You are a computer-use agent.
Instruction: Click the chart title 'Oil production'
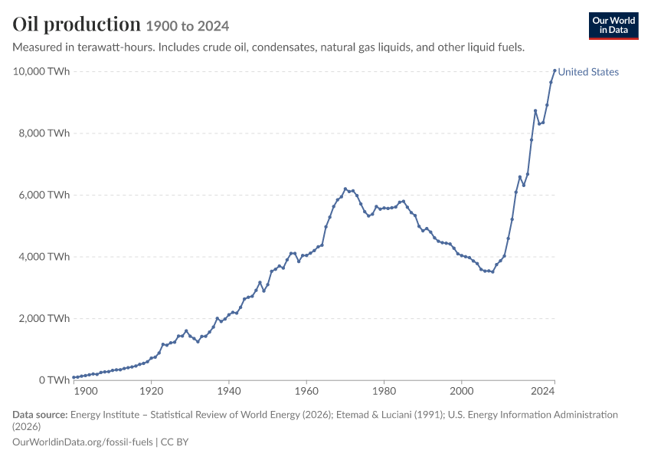click(77, 24)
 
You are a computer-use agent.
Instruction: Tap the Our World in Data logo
click(613, 26)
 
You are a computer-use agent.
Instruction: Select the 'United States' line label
click(588, 72)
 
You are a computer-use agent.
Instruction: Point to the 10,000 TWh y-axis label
click(41, 71)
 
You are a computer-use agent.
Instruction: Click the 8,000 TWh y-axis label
click(44, 133)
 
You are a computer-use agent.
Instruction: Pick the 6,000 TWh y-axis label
click(44, 195)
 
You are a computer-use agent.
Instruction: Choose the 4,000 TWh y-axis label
click(44, 256)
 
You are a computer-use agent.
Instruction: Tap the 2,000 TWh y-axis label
click(44, 318)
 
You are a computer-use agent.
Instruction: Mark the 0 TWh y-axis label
click(54, 379)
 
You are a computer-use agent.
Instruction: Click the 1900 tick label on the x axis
click(86, 391)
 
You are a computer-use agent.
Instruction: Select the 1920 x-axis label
click(151, 391)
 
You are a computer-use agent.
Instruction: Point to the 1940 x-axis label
click(229, 391)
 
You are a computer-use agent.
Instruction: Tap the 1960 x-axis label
click(306, 391)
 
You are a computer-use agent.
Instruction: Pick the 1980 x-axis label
click(384, 391)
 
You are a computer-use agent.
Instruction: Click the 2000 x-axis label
click(462, 391)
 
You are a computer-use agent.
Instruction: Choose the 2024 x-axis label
click(543, 391)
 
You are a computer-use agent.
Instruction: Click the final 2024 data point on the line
click(554, 71)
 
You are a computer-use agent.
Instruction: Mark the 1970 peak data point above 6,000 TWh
click(345, 189)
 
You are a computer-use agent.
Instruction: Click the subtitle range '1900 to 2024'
click(187, 26)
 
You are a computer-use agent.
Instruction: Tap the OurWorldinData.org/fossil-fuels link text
click(83, 442)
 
